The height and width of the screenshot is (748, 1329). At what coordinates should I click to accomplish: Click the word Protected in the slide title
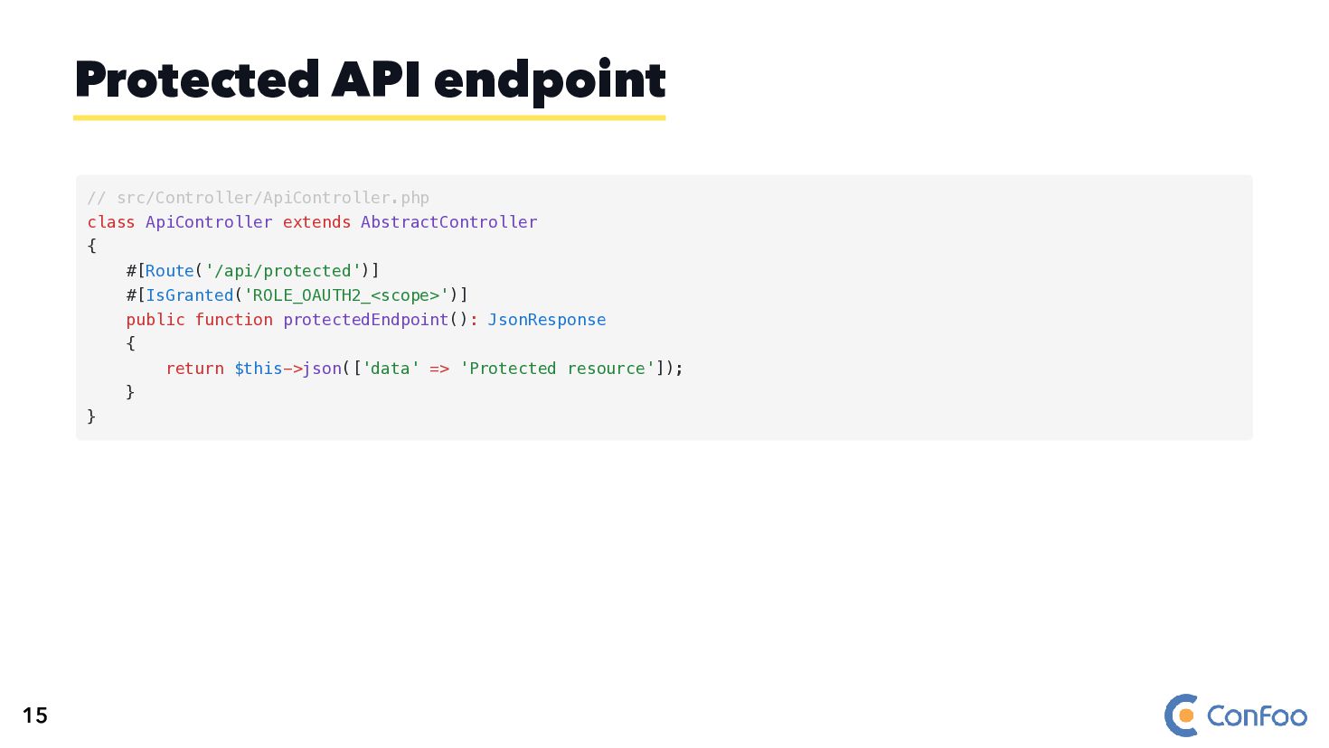coord(197,79)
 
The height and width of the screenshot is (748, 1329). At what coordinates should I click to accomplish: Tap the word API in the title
coord(376,79)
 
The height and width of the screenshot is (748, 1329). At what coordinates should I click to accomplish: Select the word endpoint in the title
coord(550,81)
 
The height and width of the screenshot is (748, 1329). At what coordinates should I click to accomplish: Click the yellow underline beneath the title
coord(369,117)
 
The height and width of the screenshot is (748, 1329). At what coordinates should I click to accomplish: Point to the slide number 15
coord(34,715)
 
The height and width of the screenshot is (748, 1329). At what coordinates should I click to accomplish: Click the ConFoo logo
coord(1235,715)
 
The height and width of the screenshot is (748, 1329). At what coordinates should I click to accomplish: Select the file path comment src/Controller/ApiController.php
coord(272,198)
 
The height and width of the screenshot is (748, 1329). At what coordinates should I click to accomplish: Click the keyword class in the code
coord(110,222)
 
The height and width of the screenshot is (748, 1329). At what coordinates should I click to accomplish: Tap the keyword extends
coord(316,222)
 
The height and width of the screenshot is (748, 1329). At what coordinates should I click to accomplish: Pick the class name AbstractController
coord(448,222)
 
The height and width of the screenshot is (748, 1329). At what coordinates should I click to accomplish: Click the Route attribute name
coord(169,271)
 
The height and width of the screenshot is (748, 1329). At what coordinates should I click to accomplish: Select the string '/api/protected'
coord(283,271)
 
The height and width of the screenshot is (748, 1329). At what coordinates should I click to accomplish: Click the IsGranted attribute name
coord(189,295)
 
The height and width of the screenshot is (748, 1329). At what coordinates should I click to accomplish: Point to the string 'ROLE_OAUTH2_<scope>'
coord(346,295)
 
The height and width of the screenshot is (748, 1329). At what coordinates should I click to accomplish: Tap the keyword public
coord(155,320)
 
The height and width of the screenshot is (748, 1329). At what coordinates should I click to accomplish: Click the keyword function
coord(233,320)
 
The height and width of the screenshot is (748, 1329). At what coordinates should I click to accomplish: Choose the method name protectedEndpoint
coord(365,320)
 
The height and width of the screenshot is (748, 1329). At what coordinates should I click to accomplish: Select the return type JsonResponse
coord(546,320)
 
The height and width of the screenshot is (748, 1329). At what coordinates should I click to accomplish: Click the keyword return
coord(194,369)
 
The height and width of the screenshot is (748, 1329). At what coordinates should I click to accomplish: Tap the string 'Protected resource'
coord(557,369)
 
